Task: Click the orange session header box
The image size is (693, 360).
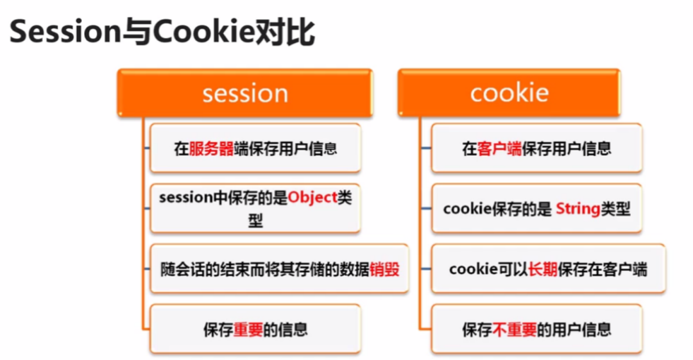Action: [245, 92]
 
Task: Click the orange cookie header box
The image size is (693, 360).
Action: [509, 92]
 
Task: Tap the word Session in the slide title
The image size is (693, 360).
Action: [65, 32]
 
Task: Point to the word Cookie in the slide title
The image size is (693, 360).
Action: [204, 32]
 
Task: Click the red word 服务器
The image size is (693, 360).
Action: [211, 149]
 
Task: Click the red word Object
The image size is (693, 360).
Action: [312, 198]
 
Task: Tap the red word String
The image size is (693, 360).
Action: [577, 209]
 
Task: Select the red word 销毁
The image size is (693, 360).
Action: [384, 269]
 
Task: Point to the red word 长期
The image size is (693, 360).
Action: [543, 269]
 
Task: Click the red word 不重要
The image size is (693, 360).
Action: [515, 329]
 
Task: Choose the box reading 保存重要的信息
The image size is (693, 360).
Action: [255, 329]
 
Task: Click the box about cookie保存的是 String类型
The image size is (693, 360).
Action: [536, 209]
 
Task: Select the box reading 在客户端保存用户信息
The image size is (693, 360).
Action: [536, 148]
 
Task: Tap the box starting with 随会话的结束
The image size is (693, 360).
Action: [279, 268]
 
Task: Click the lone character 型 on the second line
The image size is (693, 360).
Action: [255, 220]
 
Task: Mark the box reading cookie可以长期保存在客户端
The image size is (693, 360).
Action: [548, 268]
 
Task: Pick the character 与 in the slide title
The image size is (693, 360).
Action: [137, 33]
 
